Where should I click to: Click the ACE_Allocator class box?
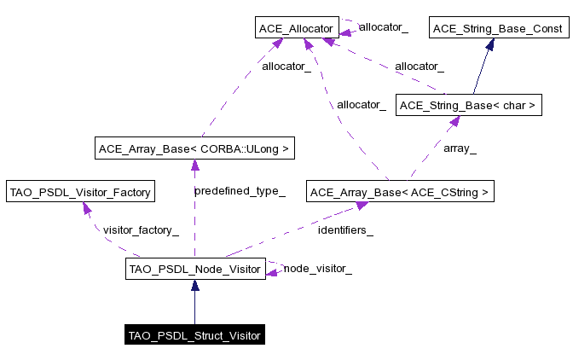[296, 29]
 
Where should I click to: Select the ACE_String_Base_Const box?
[498, 29]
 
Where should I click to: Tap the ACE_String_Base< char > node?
[468, 106]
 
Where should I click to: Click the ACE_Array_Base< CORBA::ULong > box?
[194, 149]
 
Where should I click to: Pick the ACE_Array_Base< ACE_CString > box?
[401, 192]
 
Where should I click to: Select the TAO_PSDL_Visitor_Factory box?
[79, 192]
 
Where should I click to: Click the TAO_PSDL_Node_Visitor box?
[194, 270]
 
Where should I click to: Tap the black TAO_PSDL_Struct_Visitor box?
[194, 334]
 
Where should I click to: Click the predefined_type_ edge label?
[239, 191]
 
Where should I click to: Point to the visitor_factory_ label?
[141, 229]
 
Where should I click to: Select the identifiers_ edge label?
[345, 229]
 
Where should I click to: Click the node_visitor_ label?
[317, 268]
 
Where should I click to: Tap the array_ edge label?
[460, 148]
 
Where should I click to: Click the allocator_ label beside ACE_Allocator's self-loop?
[383, 27]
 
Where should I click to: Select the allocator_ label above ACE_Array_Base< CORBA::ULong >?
[286, 66]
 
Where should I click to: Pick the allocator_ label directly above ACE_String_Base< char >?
[419, 66]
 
